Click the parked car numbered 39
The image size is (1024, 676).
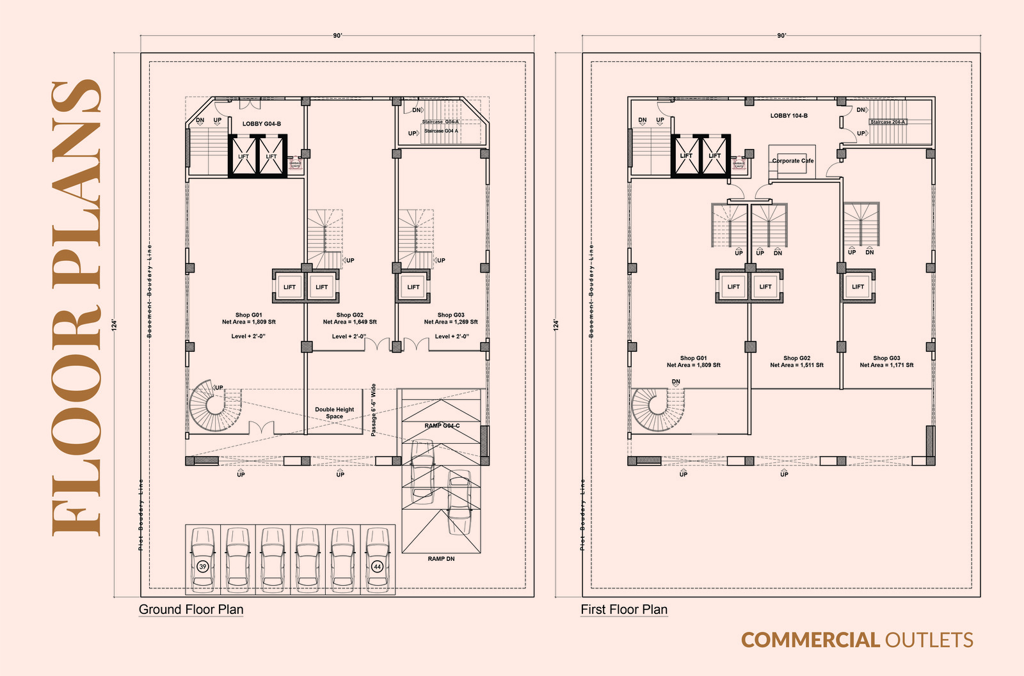tap(203, 558)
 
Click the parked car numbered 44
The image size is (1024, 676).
tap(378, 558)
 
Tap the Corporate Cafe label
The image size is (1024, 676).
tap(792, 161)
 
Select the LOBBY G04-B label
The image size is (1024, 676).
tap(261, 123)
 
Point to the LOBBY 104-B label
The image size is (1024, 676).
tap(788, 116)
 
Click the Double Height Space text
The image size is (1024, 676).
tap(334, 413)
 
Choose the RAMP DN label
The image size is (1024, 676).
tap(441, 559)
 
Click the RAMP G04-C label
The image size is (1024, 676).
tap(442, 425)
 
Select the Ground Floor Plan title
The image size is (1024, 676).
tap(191, 609)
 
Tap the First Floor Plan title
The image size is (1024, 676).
tap(624, 609)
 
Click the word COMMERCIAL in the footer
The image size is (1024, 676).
tap(810, 640)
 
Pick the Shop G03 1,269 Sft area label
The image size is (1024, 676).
tap(451, 318)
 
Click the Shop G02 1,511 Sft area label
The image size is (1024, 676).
tap(796, 361)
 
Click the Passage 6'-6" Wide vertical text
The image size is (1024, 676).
tap(373, 410)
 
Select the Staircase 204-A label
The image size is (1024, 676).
tap(887, 122)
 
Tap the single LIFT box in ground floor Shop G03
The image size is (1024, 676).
tap(413, 287)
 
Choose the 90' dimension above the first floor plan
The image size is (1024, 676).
tap(781, 36)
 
